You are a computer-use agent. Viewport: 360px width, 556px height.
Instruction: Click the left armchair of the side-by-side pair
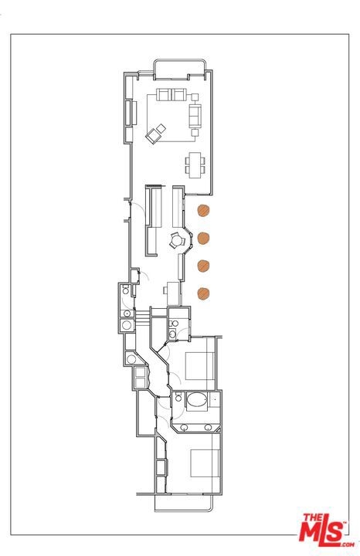click(x=164, y=95)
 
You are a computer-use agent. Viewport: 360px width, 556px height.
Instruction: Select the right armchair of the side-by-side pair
click(x=178, y=95)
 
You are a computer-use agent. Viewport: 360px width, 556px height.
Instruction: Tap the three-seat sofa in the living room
click(x=195, y=116)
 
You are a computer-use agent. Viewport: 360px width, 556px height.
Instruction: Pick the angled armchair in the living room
click(x=152, y=136)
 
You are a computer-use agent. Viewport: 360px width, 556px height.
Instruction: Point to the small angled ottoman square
click(x=161, y=128)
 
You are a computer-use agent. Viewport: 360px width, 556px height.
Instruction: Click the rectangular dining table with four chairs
click(x=195, y=165)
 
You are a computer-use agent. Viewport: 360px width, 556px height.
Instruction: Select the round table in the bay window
click(x=176, y=241)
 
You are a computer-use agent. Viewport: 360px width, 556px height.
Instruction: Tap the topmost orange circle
click(x=203, y=211)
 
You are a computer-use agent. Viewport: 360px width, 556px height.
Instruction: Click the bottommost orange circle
click(x=203, y=293)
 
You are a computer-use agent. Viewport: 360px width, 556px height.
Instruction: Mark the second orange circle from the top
click(x=203, y=238)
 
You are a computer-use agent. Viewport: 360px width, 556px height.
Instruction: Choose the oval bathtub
click(x=196, y=401)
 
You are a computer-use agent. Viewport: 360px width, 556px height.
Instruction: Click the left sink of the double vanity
click(x=185, y=427)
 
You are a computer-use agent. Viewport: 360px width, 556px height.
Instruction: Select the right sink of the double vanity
click(x=208, y=427)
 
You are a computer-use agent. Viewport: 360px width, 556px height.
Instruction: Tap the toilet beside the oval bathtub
click(x=178, y=397)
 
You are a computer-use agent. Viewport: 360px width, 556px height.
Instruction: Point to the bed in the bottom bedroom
click(x=205, y=463)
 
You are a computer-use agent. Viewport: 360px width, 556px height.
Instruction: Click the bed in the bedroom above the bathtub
click(x=200, y=366)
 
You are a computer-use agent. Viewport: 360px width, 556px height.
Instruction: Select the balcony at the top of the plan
click(x=180, y=69)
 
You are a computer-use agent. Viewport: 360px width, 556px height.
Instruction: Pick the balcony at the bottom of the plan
click(x=184, y=503)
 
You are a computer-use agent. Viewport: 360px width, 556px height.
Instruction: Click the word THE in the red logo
click(x=313, y=517)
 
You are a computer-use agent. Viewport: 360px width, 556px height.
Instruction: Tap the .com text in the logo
click(x=348, y=544)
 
